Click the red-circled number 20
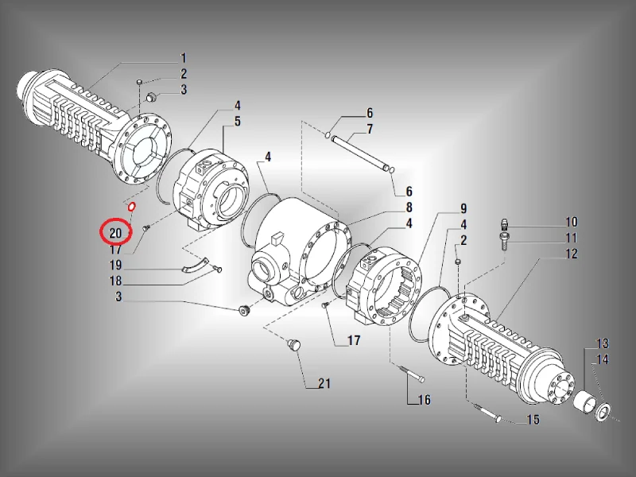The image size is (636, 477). click(115, 233)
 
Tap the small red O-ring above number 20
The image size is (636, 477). click(131, 207)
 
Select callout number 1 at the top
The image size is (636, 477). click(183, 58)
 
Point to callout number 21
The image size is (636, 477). click(324, 383)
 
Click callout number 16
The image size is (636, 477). click(425, 400)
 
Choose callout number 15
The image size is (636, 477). click(533, 420)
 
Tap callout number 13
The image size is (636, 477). click(603, 343)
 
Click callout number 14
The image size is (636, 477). click(603, 359)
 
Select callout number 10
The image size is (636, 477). click(572, 222)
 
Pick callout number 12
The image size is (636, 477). click(572, 254)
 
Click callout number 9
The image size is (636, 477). click(463, 208)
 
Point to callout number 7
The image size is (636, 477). click(370, 129)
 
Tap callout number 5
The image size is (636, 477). click(237, 122)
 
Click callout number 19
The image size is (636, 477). click(115, 265)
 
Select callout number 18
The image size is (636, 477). click(115, 281)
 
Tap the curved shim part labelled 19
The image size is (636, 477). click(194, 266)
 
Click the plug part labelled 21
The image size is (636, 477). click(293, 345)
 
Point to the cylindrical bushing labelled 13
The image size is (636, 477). click(584, 400)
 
